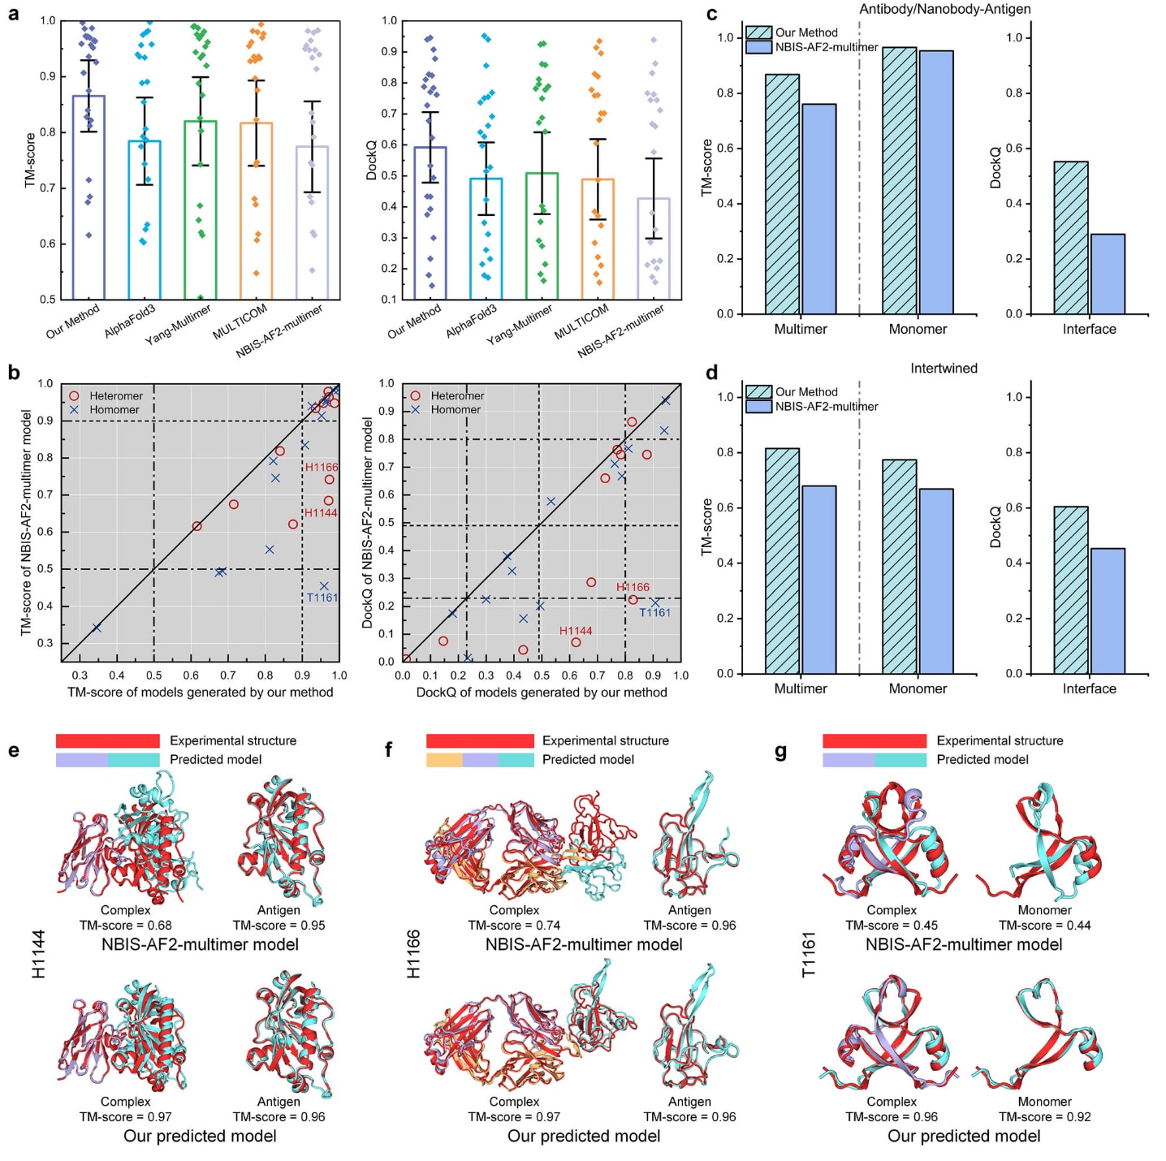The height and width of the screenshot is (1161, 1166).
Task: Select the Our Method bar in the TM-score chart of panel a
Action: click(89, 197)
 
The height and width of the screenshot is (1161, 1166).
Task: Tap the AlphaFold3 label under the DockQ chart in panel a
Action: click(472, 322)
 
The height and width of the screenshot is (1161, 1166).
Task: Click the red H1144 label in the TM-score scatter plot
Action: click(322, 513)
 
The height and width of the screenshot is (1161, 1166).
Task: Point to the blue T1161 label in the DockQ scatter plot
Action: click(654, 612)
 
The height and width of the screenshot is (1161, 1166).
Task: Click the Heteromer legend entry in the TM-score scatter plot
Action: click(115, 396)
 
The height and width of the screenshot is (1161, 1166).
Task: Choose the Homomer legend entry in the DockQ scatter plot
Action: click(456, 410)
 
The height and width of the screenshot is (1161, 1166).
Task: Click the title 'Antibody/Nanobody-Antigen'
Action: click(944, 9)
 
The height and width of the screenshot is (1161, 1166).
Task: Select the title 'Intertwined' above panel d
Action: click(944, 369)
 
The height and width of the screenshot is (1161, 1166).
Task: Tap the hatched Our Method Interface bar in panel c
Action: click(1071, 238)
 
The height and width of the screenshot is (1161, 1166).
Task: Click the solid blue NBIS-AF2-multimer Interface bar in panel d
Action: click(1108, 611)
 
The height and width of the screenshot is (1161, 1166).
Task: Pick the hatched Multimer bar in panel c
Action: click(782, 194)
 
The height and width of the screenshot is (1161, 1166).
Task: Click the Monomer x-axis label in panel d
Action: click(918, 688)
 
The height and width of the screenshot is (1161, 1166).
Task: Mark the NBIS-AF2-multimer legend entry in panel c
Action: click(826, 47)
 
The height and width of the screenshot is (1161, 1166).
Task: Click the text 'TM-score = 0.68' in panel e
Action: click(125, 926)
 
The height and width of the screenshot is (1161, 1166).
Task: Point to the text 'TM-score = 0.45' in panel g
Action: click(892, 926)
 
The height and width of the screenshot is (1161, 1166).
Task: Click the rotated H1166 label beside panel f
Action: click(413, 954)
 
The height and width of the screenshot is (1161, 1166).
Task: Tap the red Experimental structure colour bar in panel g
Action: click(874, 740)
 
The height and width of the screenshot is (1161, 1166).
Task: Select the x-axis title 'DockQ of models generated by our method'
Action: click(542, 693)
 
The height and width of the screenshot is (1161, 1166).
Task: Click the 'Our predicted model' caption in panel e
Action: click(200, 1136)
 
